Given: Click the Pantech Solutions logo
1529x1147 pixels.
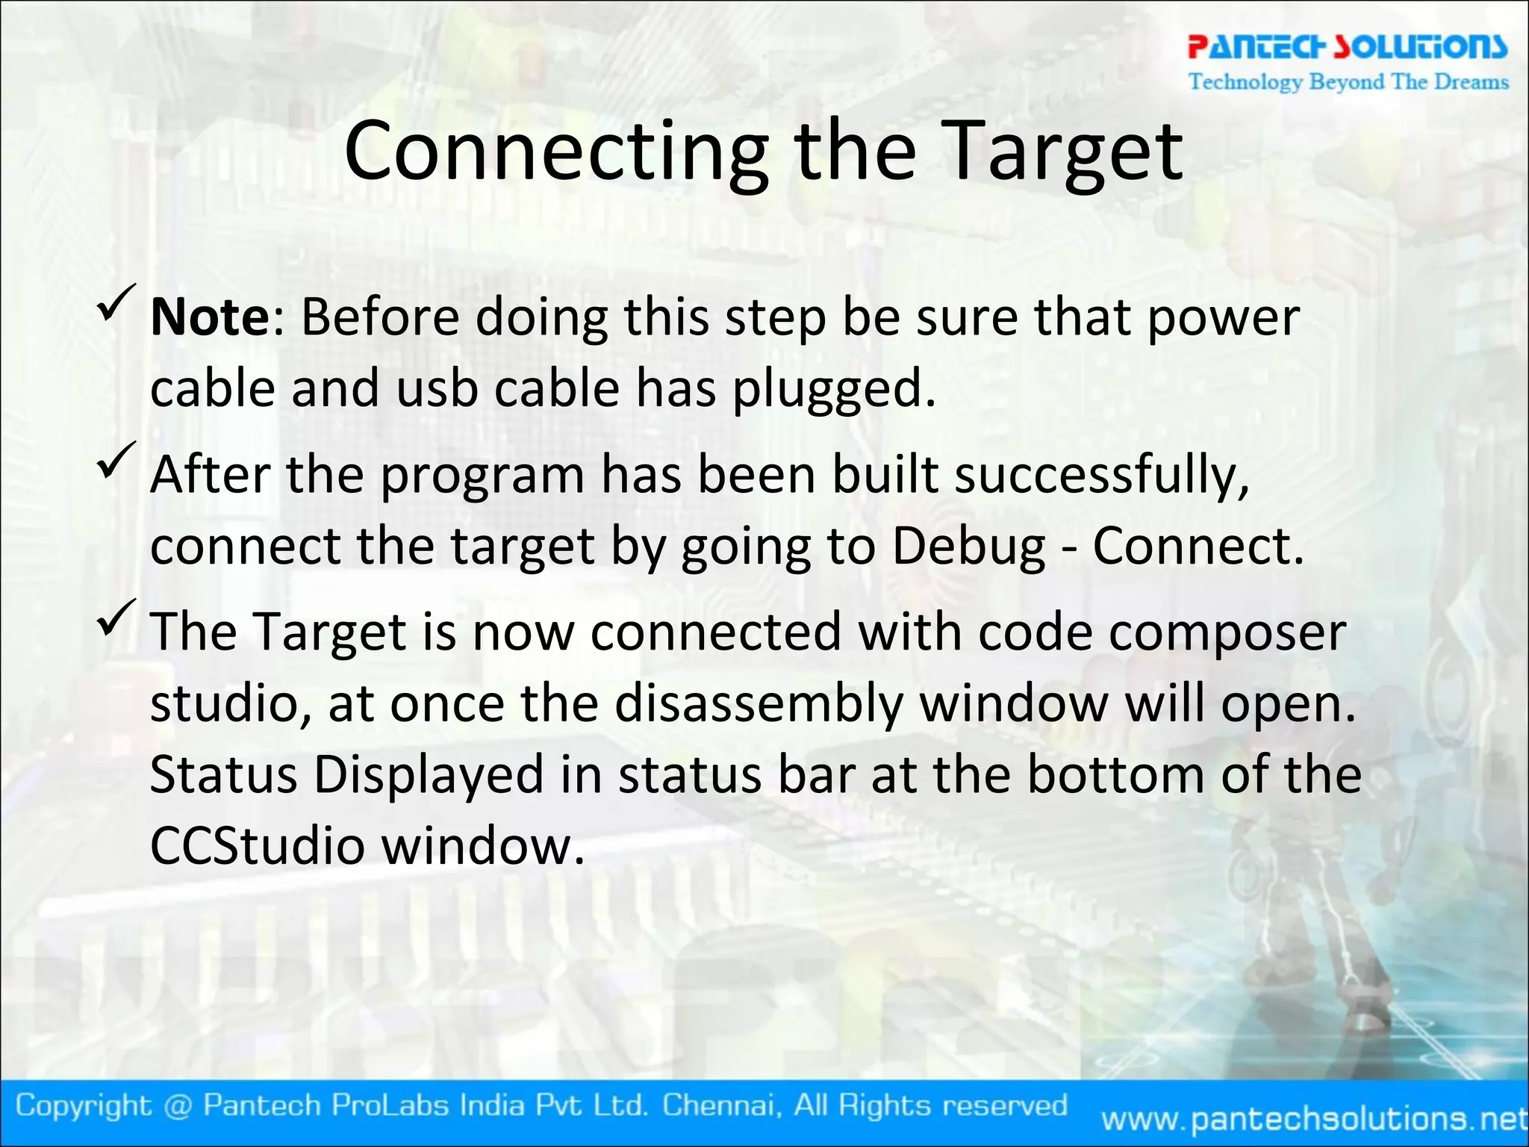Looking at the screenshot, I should (1348, 47).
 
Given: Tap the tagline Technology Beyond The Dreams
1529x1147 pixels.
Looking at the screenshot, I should (1348, 81).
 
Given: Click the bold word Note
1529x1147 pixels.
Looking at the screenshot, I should (210, 317).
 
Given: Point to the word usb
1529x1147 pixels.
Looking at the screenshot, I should (437, 389).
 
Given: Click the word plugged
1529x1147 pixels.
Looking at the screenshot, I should (833, 391).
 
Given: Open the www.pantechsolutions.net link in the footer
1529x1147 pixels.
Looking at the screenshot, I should (1314, 1119).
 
